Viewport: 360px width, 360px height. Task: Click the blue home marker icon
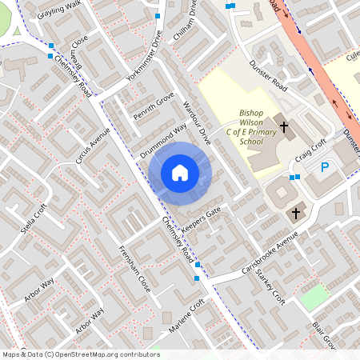pos(180,173)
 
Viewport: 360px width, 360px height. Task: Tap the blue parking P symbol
pos(325,167)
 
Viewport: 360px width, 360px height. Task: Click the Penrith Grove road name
pos(154,105)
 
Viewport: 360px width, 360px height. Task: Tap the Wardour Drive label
pos(195,121)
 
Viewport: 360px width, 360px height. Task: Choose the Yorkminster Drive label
pos(144,58)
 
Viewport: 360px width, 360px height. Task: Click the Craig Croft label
pos(310,148)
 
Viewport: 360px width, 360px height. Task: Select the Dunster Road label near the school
pos(267,75)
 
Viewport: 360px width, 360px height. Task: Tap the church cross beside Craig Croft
pos(283,126)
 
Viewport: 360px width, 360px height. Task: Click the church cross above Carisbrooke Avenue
pos(296,213)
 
